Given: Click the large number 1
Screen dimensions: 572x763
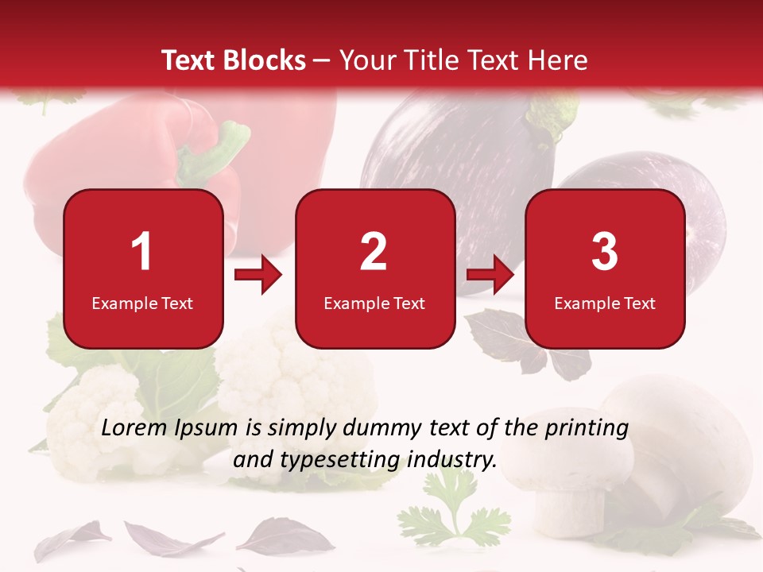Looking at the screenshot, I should coord(142,252).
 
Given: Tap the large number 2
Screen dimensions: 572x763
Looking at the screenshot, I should coord(374,252).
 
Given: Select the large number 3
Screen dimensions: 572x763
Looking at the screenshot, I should coord(605,252).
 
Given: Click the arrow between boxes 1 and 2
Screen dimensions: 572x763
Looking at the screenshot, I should coord(258,276).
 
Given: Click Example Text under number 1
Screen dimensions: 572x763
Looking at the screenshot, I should coord(142,303).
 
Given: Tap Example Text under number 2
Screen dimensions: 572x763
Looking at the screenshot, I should coord(374,303).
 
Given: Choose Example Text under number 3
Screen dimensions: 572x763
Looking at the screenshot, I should coord(605,303).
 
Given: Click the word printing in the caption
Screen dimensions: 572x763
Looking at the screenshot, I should coord(587,428).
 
